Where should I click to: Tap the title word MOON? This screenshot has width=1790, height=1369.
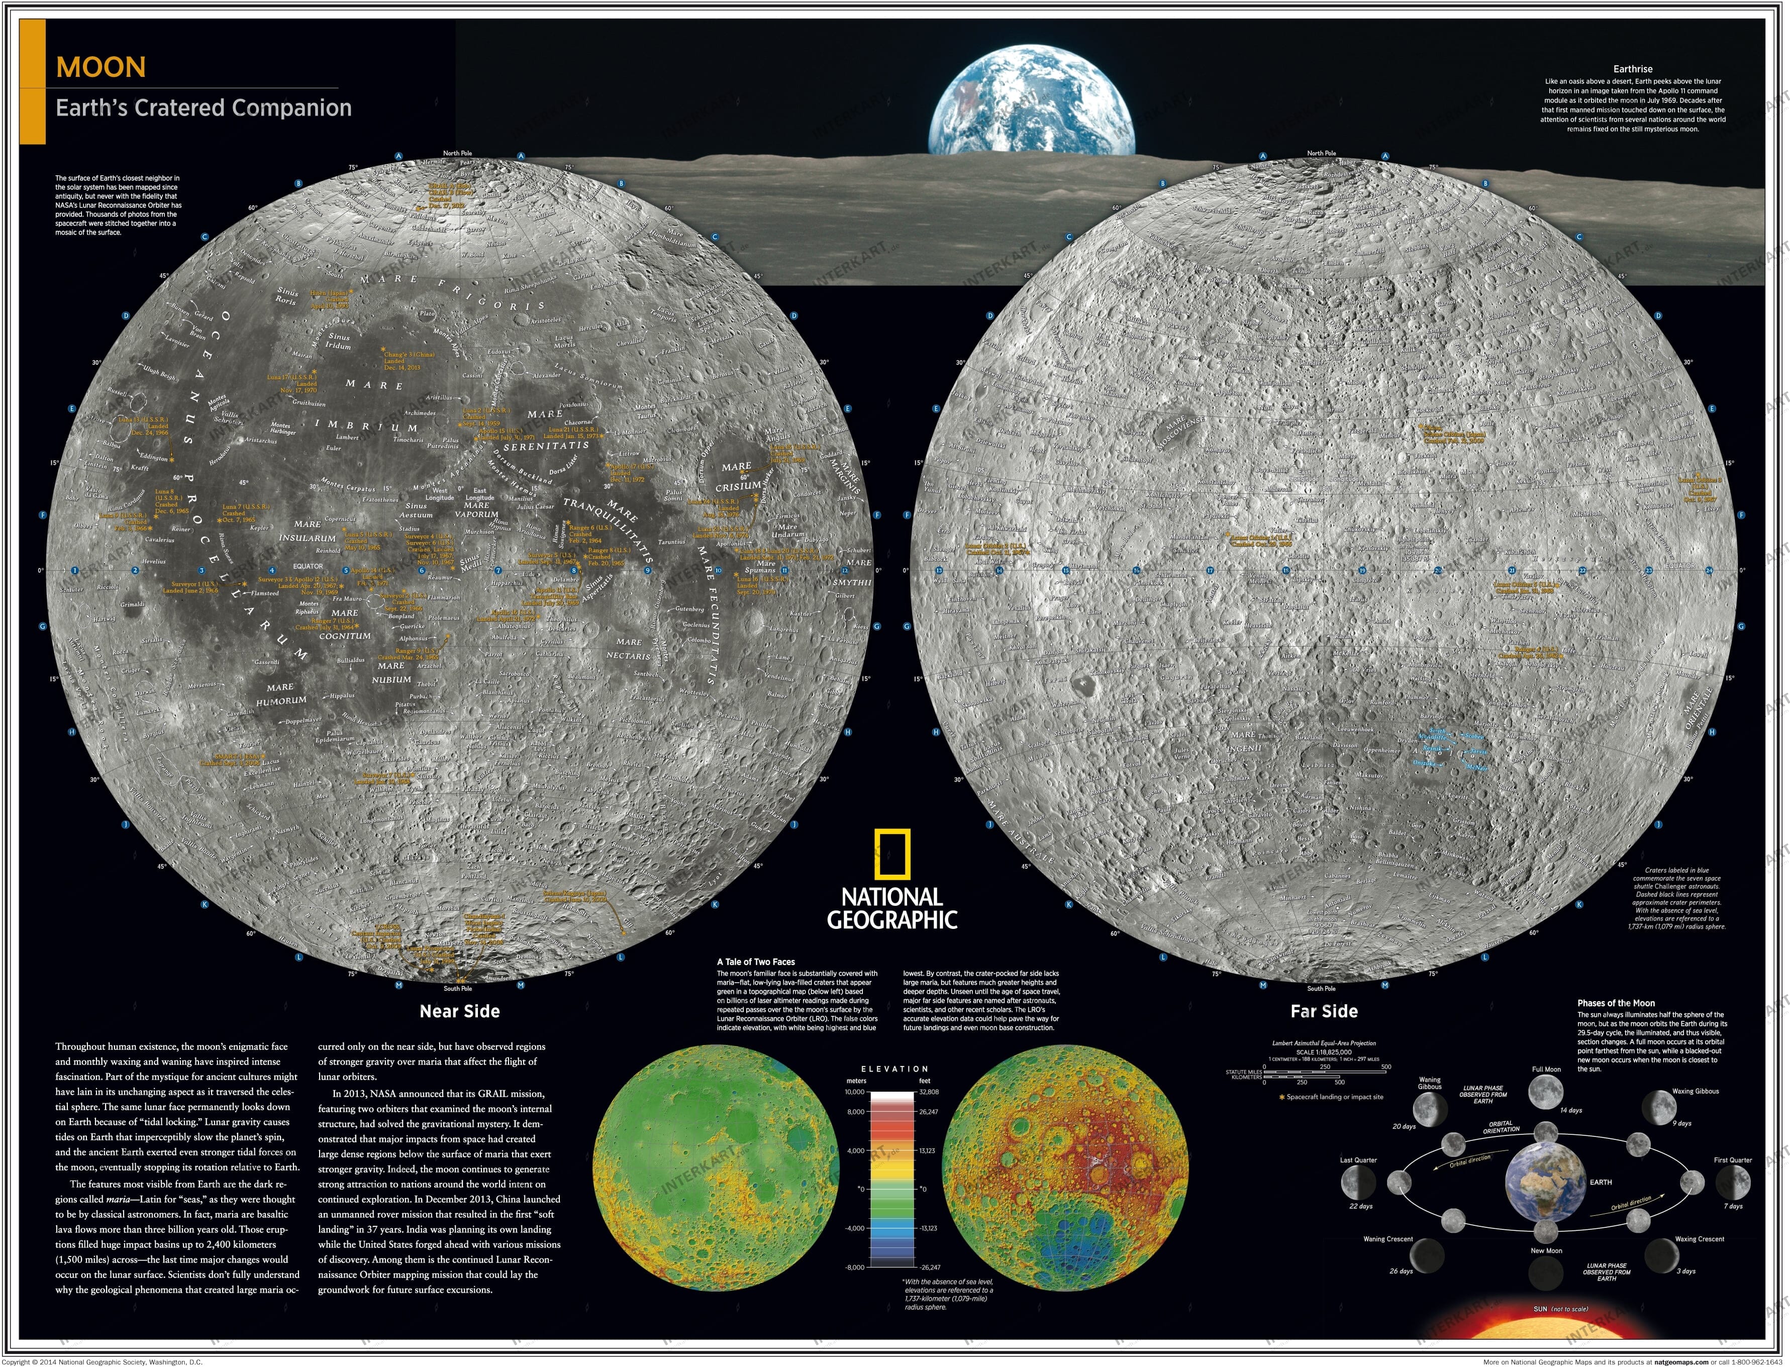(x=101, y=67)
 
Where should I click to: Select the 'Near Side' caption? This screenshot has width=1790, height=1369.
(x=459, y=1011)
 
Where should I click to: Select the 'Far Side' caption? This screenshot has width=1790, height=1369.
(x=1323, y=1011)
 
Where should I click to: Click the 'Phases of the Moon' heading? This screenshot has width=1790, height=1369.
(x=1616, y=1003)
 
